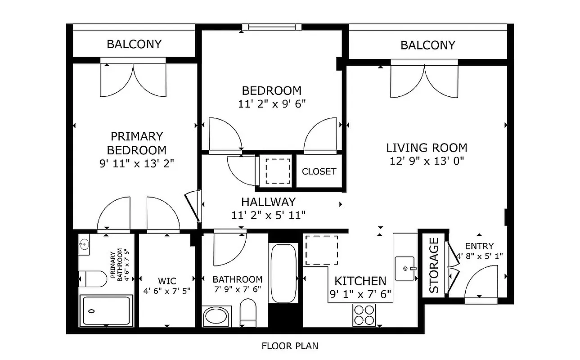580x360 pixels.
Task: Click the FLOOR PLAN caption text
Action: click(290, 346)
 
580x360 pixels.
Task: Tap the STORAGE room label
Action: click(433, 265)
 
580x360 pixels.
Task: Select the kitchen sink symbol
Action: click(405, 268)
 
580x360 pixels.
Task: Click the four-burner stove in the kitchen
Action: click(364, 315)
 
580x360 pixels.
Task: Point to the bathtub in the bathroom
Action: click(283, 274)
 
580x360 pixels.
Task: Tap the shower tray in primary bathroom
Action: click(106, 310)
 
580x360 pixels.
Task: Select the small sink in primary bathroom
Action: click(84, 245)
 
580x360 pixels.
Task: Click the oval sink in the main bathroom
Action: click(216, 317)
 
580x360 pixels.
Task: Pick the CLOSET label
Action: click(319, 171)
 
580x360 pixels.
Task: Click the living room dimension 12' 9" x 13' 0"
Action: click(427, 161)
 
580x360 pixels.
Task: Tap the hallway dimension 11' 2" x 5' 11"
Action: click(268, 215)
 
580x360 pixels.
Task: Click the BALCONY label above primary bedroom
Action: click(134, 44)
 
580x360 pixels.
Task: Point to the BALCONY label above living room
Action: click(427, 45)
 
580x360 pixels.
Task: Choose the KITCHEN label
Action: click(360, 281)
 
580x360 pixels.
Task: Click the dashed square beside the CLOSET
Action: click(277, 171)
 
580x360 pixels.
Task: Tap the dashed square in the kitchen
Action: click(322, 250)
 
